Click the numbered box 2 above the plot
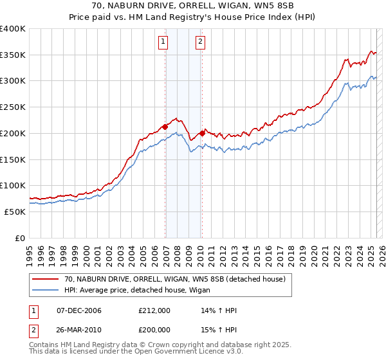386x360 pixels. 200,42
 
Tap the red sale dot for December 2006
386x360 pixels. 165,127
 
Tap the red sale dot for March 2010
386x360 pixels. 202,133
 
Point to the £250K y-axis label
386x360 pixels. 13,107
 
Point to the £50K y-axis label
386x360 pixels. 15,212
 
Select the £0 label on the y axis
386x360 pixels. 21,238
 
